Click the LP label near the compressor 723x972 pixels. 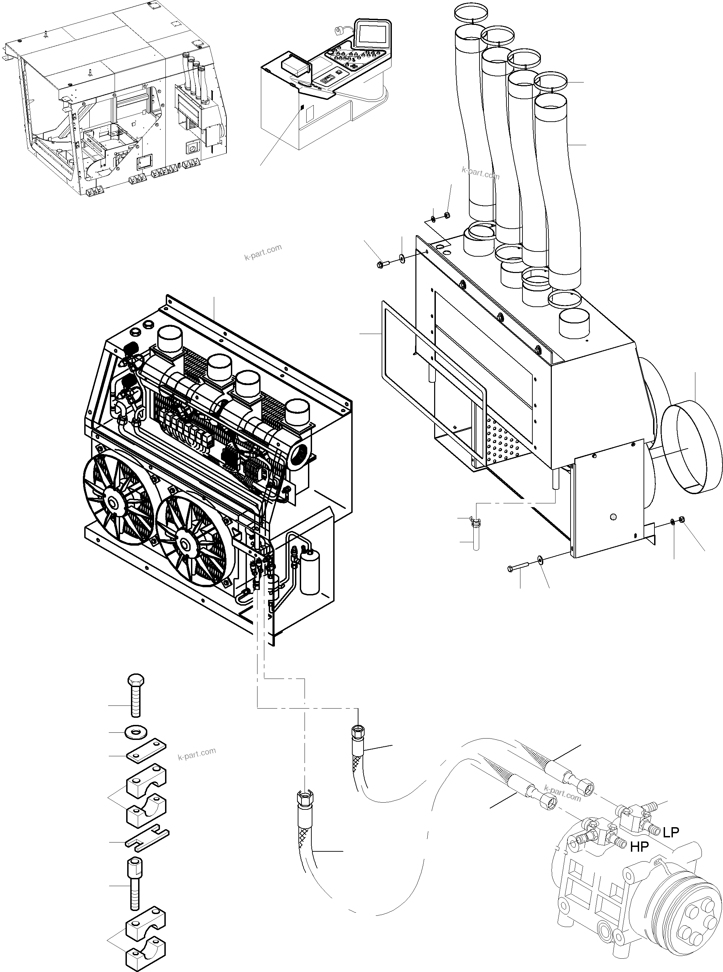pos(670,832)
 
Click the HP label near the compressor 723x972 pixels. pos(639,847)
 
